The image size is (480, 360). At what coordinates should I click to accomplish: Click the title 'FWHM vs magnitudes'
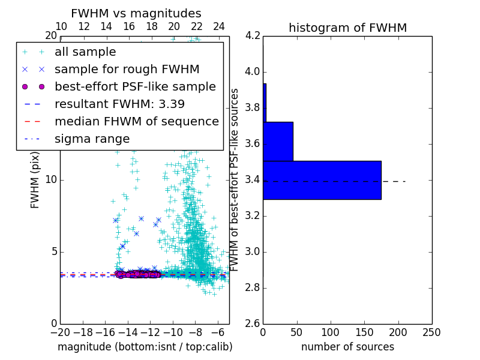tap(136, 13)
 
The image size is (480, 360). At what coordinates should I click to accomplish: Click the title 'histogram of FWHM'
tap(347, 28)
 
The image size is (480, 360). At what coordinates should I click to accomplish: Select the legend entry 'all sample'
tap(85, 52)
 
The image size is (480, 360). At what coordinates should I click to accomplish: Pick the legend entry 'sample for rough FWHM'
tap(127, 69)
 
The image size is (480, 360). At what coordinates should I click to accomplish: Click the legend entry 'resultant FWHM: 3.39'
tap(119, 104)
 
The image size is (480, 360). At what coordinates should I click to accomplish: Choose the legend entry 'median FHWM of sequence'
tap(136, 121)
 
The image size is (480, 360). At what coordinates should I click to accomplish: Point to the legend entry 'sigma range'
tap(92, 139)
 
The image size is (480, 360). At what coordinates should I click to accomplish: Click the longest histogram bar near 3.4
tap(322, 180)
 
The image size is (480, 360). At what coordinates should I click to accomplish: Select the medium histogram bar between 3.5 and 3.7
tap(278, 142)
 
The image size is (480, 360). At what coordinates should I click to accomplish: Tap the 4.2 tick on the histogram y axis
tap(253, 36)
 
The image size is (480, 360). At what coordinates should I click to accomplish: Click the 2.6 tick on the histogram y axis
tap(253, 323)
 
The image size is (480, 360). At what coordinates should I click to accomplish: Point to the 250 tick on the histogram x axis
tap(431, 332)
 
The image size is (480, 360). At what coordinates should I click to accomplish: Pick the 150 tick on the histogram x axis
tap(364, 332)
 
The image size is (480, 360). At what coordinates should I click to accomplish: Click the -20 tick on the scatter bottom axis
tap(60, 332)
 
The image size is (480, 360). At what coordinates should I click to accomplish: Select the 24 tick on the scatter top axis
tap(219, 26)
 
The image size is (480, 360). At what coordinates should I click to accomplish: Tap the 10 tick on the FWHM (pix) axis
tap(51, 180)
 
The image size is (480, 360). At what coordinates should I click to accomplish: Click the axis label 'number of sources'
tap(347, 347)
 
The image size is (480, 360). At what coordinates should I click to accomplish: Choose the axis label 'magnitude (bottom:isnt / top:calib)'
tap(145, 347)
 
